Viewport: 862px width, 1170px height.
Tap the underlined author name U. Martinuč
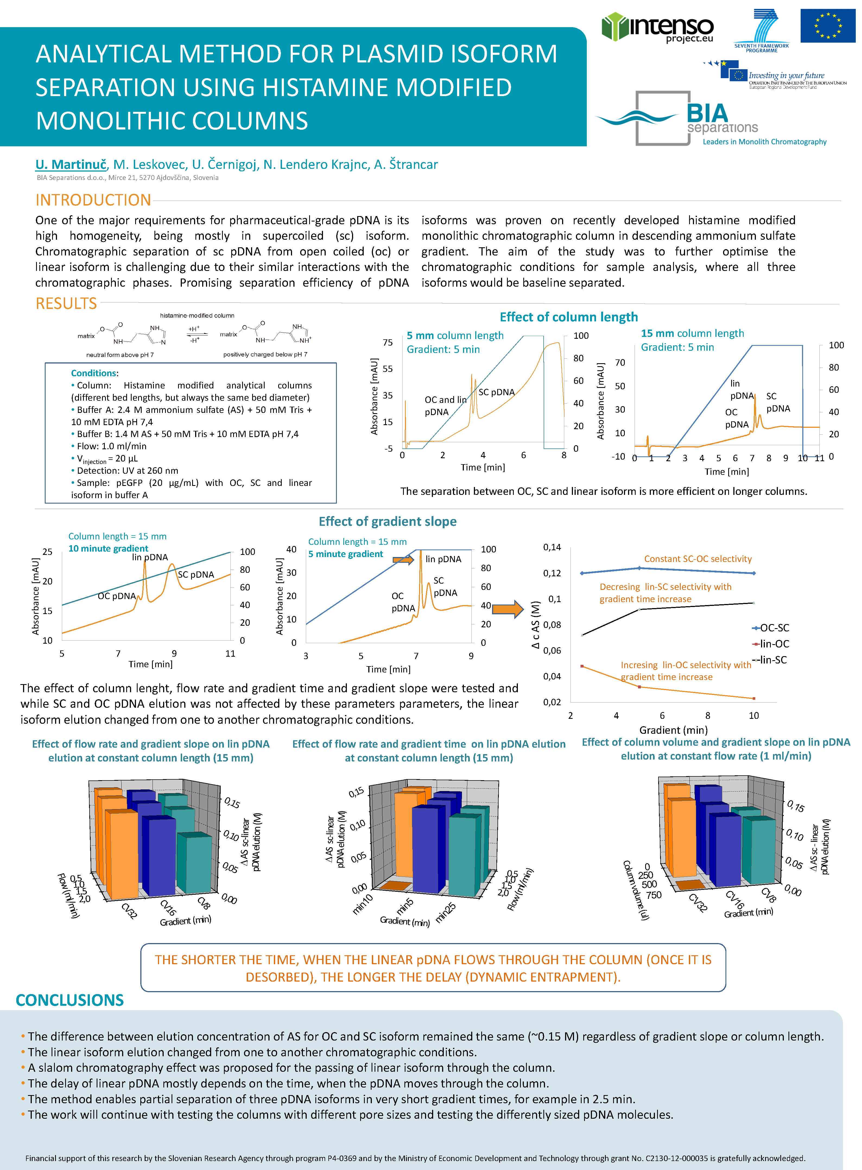[x=71, y=165]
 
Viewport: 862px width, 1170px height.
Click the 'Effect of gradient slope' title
[x=387, y=521]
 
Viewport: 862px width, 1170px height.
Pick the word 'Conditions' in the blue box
[x=94, y=373]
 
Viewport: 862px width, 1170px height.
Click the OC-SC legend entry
[x=771, y=628]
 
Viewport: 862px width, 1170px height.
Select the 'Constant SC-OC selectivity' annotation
[x=698, y=559]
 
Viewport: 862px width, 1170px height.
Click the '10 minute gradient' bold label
[x=108, y=548]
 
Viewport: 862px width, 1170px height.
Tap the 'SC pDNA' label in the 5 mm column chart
[x=496, y=392]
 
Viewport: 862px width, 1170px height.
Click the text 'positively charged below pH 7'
[x=265, y=354]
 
